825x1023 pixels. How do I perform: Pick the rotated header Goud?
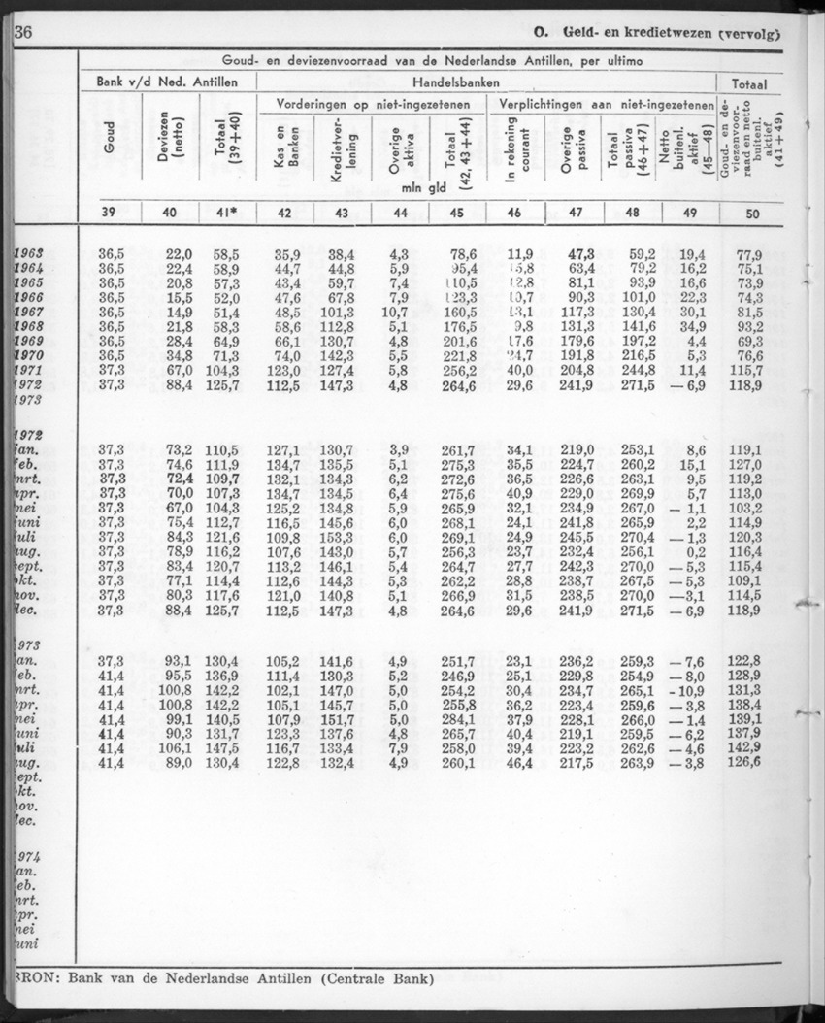click(x=108, y=151)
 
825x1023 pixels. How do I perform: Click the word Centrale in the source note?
click(x=340, y=975)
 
